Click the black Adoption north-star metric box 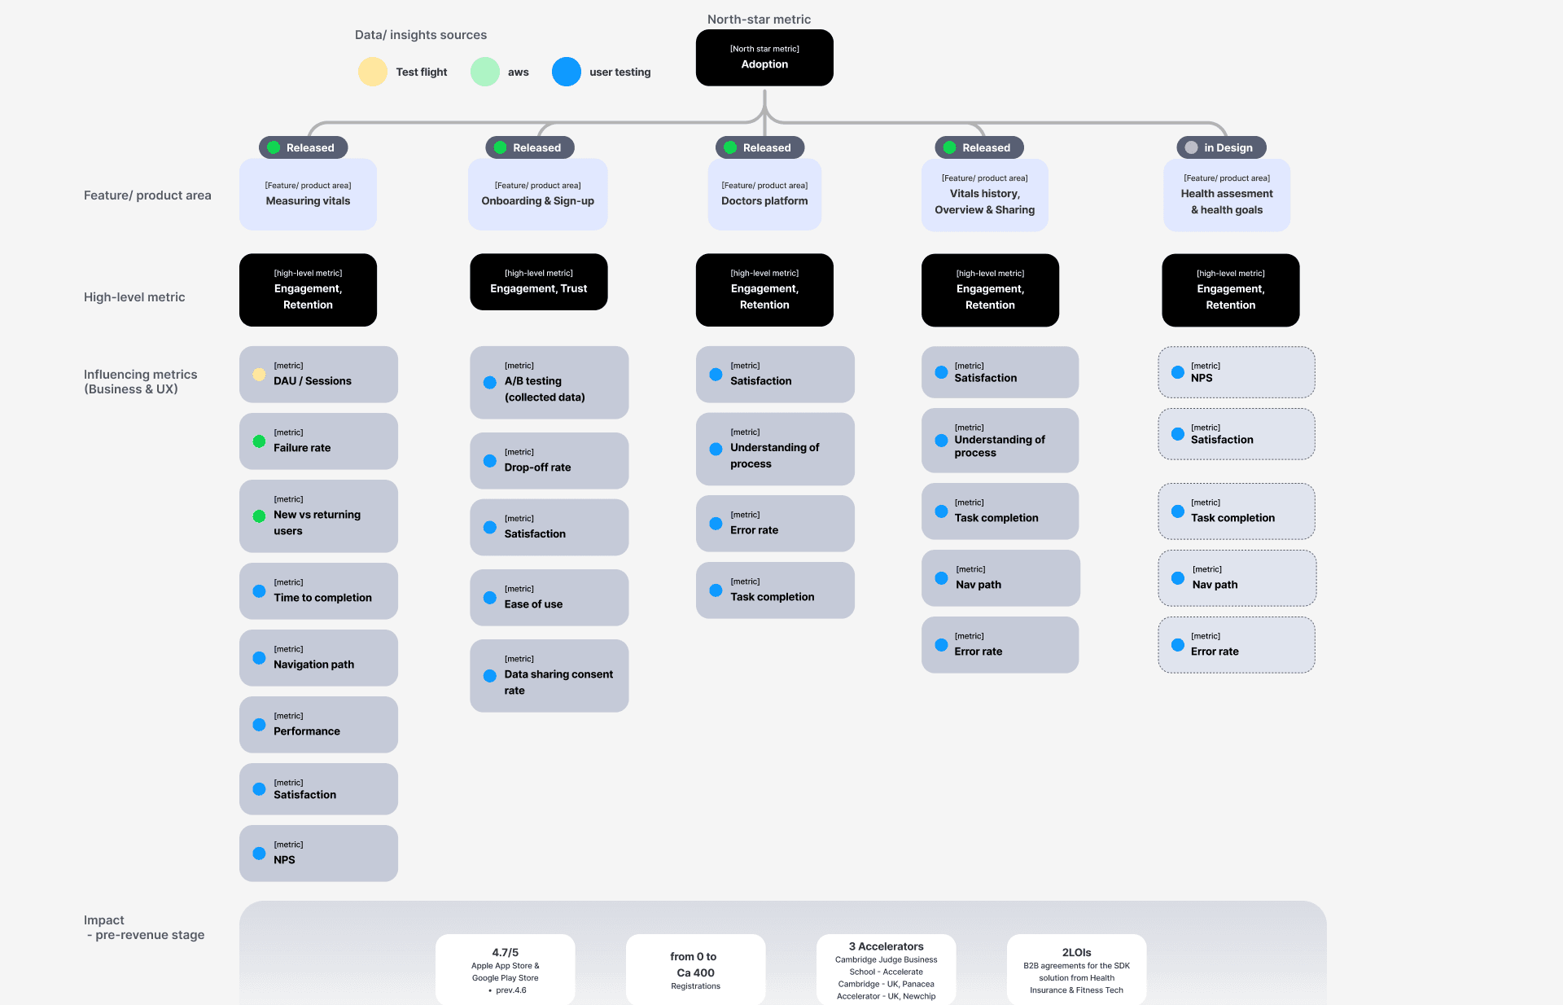tap(764, 57)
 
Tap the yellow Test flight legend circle tap(373, 72)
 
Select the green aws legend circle tap(485, 72)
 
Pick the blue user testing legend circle tap(567, 72)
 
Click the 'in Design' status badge tap(1221, 147)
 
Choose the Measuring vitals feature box tap(308, 194)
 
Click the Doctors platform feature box tap(764, 194)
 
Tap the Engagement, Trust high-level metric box tap(539, 282)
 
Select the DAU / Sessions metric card tap(318, 375)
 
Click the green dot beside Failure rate tap(259, 441)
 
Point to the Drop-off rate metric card tap(549, 461)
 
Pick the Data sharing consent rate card tap(549, 676)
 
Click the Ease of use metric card tap(549, 598)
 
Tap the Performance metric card tap(318, 725)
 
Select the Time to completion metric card tap(318, 591)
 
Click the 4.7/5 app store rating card tap(506, 969)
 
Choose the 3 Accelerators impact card tap(887, 969)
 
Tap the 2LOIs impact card tap(1077, 969)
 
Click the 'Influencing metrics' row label tap(141, 375)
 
